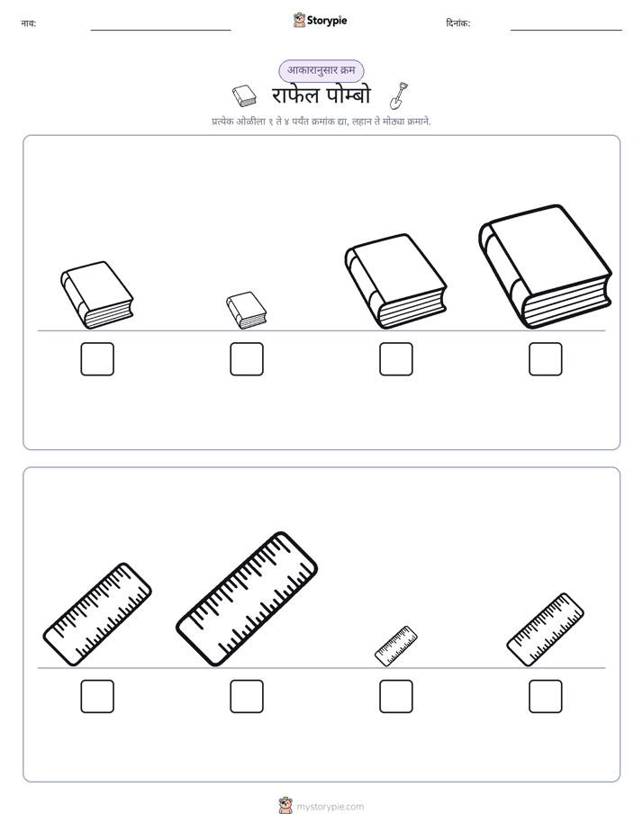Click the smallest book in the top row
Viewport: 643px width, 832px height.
coord(246,311)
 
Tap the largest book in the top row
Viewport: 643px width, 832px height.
coord(546,267)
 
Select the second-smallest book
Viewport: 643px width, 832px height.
coord(96,295)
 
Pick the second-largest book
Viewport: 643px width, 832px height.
coord(395,281)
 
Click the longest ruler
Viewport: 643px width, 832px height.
coord(247,599)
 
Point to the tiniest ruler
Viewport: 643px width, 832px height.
coord(395,646)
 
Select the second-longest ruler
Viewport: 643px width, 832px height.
coord(97,614)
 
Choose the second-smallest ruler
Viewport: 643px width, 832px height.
coord(546,629)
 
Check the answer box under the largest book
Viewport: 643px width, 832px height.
coord(546,359)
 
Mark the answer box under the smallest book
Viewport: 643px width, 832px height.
coord(247,359)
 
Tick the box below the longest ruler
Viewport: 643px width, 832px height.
coord(247,696)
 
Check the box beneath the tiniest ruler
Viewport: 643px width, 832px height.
coord(396,696)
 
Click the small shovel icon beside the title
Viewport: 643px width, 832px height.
coord(399,95)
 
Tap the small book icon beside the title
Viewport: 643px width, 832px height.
coord(244,95)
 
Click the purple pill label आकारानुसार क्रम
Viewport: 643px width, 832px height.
coord(321,70)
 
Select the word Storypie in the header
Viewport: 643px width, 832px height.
coord(327,21)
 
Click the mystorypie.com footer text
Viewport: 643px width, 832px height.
coord(330,807)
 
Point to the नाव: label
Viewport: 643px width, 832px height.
coord(29,23)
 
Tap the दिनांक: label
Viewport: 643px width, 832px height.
coord(458,23)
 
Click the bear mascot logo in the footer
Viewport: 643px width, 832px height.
coord(285,806)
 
